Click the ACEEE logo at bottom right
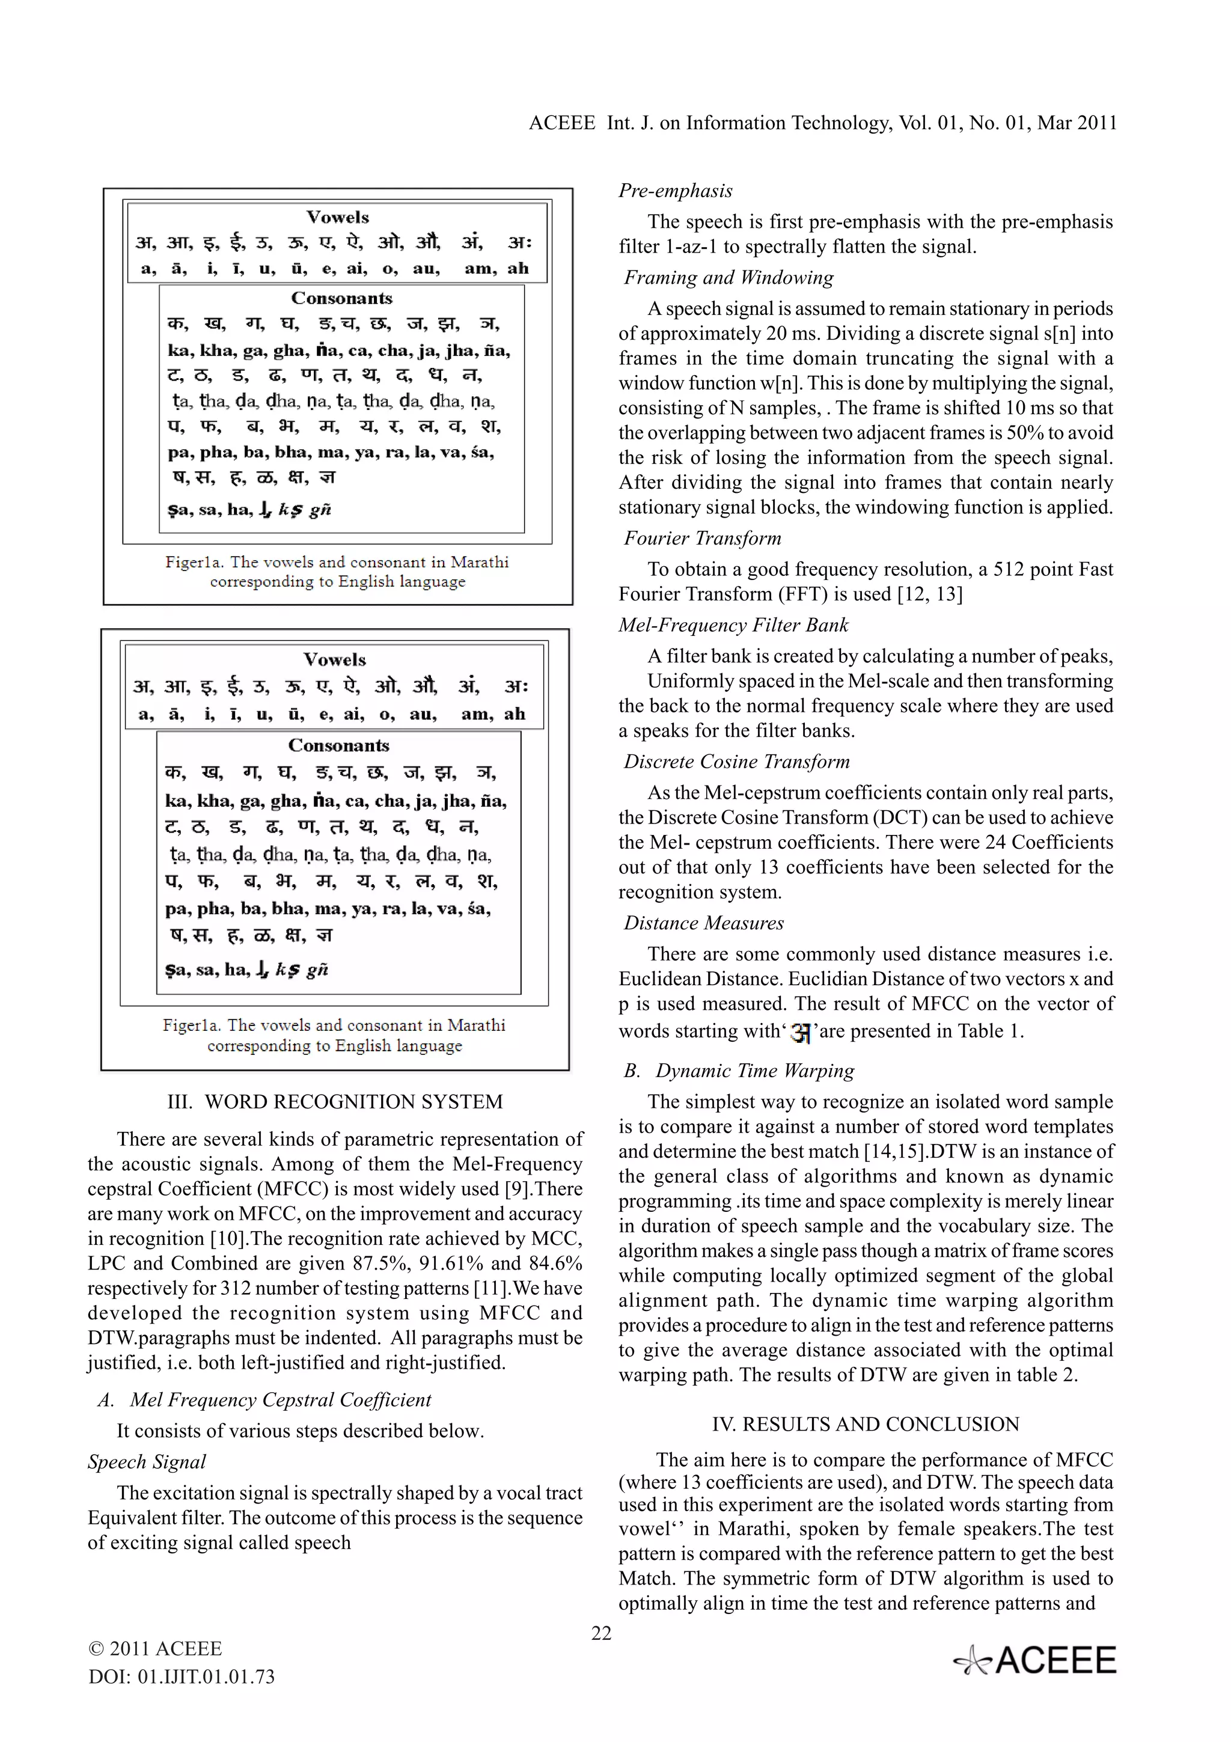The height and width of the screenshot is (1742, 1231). [x=1034, y=1661]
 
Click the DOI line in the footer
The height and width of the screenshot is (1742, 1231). [x=182, y=1676]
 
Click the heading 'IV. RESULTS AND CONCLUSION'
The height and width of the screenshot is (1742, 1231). [x=866, y=1424]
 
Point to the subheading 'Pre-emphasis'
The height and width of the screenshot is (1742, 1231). [x=675, y=191]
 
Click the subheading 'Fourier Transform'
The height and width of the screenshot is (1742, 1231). [x=701, y=539]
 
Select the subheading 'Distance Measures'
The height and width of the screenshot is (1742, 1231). [x=703, y=923]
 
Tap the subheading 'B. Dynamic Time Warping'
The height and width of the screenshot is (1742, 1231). [x=739, y=1071]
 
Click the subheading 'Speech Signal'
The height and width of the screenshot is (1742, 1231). [x=147, y=1462]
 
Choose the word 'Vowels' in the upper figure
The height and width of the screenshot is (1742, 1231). [x=338, y=218]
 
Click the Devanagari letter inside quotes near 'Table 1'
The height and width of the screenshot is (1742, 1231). [x=800, y=1032]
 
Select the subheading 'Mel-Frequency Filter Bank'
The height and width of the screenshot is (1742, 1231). [x=733, y=625]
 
